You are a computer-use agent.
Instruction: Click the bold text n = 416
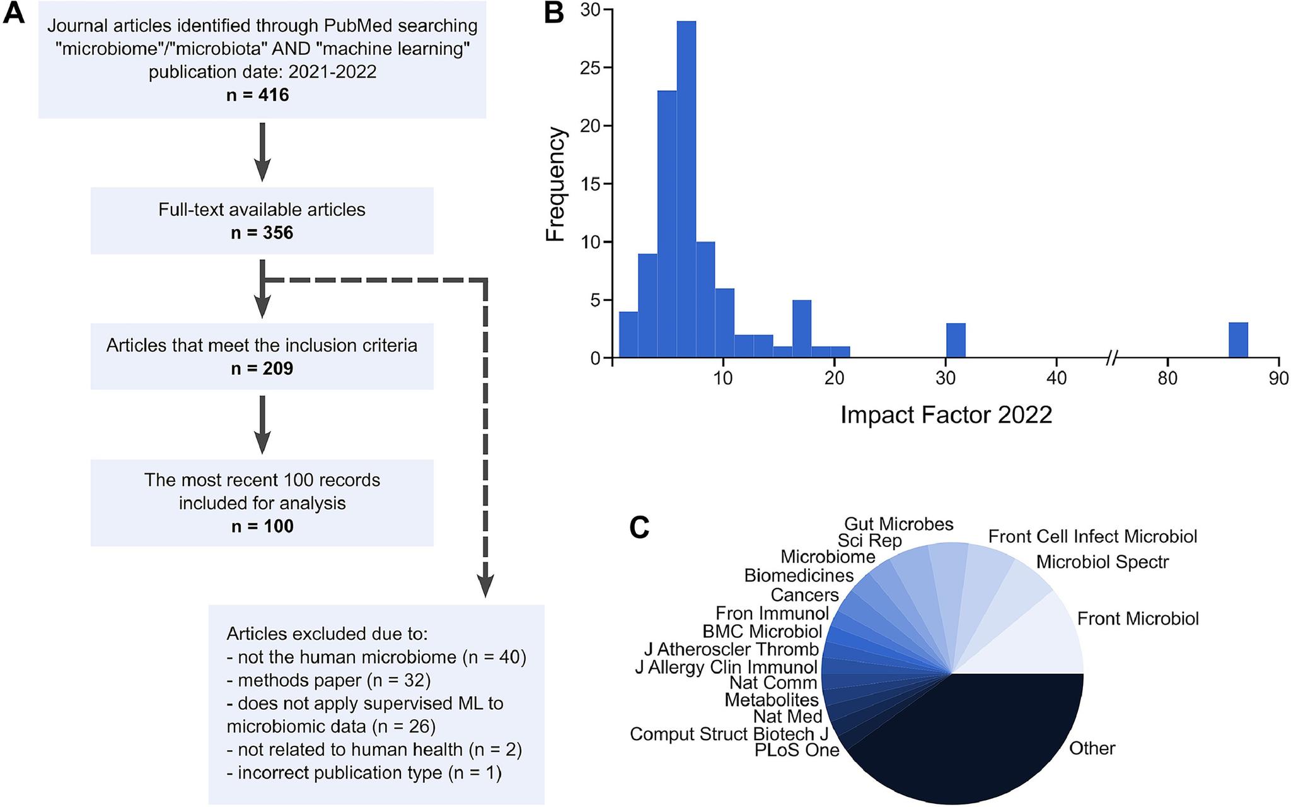(x=262, y=95)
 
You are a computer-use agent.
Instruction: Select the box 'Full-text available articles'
(x=262, y=220)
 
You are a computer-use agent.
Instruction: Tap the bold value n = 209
(x=262, y=368)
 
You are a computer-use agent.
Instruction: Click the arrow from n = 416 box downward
(x=262, y=151)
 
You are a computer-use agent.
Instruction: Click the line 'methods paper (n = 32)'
(x=328, y=680)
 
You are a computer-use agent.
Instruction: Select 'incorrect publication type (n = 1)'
(x=364, y=773)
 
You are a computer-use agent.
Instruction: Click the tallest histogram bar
(x=686, y=189)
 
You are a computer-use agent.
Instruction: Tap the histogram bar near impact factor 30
(x=956, y=341)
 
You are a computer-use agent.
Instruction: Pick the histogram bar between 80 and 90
(x=1238, y=341)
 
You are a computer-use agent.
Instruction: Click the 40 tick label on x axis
(x=1057, y=379)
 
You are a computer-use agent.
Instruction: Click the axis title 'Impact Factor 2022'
(x=946, y=415)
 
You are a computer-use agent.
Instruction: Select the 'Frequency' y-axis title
(x=556, y=184)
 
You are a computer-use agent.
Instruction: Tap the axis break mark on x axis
(x=1113, y=358)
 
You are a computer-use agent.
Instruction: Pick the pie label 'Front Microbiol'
(x=1138, y=618)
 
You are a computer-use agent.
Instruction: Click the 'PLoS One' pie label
(x=797, y=750)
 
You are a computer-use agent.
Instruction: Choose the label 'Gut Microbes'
(x=898, y=524)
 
